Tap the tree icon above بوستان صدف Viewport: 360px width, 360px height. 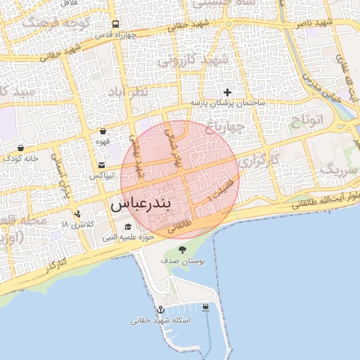(x=183, y=250)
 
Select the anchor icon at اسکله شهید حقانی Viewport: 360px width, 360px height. (x=160, y=309)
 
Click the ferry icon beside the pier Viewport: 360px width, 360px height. (x=205, y=307)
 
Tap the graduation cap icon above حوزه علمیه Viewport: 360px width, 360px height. (x=127, y=227)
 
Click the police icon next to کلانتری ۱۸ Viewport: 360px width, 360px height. (x=77, y=214)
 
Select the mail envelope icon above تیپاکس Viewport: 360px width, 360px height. (x=102, y=165)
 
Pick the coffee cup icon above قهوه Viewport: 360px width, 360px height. (x=103, y=131)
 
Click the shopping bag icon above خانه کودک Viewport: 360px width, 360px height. (x=20, y=148)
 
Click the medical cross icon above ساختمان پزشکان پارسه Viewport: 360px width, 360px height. (x=227, y=92)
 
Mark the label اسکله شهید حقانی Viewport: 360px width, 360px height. (x=160, y=321)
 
